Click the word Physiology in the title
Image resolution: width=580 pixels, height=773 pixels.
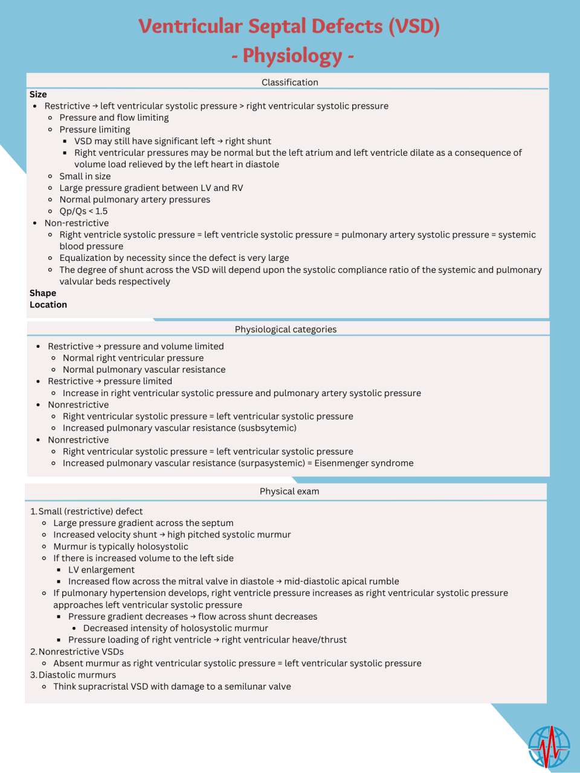[292, 56]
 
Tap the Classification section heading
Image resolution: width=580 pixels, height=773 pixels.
[289, 82]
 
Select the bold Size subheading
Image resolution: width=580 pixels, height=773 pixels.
[38, 94]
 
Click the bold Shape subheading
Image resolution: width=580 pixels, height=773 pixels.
[43, 293]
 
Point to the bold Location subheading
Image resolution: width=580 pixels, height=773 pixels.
[48, 305]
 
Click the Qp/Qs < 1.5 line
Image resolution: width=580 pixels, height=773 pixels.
[83, 211]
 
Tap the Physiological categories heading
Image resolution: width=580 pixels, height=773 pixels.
[286, 329]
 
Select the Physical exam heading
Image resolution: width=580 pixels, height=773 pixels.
[289, 492]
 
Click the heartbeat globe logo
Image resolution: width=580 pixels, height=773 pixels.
[549, 746]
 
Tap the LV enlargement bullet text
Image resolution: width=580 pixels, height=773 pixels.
[101, 570]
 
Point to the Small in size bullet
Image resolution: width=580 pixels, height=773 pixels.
[85, 176]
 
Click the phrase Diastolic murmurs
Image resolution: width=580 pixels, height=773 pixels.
[77, 675]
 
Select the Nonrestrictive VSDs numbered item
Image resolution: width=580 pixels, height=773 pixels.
[81, 652]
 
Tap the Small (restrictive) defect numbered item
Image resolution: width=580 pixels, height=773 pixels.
[91, 512]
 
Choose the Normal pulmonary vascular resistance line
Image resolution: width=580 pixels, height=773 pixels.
[144, 370]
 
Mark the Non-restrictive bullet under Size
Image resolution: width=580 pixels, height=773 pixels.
[77, 223]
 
